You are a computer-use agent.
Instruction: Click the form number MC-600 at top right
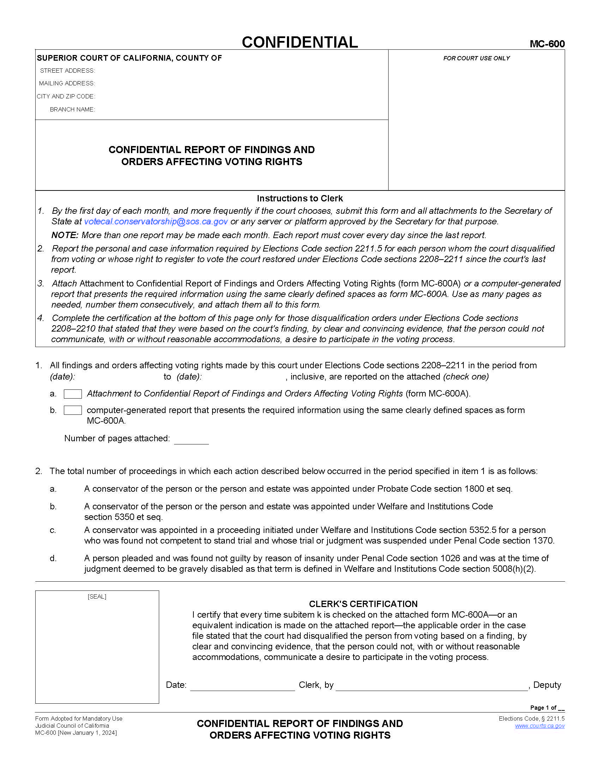coord(547,44)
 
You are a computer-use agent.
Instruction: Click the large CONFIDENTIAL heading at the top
coord(300,42)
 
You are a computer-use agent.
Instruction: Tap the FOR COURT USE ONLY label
coord(476,58)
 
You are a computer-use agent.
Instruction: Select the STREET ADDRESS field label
coord(67,71)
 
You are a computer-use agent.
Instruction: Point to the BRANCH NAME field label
coord(72,109)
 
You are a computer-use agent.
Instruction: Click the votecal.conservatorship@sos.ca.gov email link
coord(156,222)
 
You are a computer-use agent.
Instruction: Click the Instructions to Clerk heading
coord(300,198)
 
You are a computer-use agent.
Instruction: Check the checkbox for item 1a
coord(73,394)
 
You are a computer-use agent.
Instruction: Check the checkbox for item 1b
coord(73,410)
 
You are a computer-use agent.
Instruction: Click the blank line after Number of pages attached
coord(191,440)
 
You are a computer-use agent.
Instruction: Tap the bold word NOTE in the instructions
coord(65,235)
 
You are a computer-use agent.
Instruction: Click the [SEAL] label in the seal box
coord(97,596)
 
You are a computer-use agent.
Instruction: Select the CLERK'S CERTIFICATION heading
coord(363,604)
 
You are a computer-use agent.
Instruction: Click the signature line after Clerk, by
coord(432,686)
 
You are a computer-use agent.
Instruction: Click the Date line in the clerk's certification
coord(242,686)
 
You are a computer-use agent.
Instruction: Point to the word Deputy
coord(547,685)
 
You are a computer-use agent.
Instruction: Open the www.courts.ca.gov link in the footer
coord(540,726)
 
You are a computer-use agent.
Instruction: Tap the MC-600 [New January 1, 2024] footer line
coord(76,733)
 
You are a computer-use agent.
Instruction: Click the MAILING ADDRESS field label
coord(67,84)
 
